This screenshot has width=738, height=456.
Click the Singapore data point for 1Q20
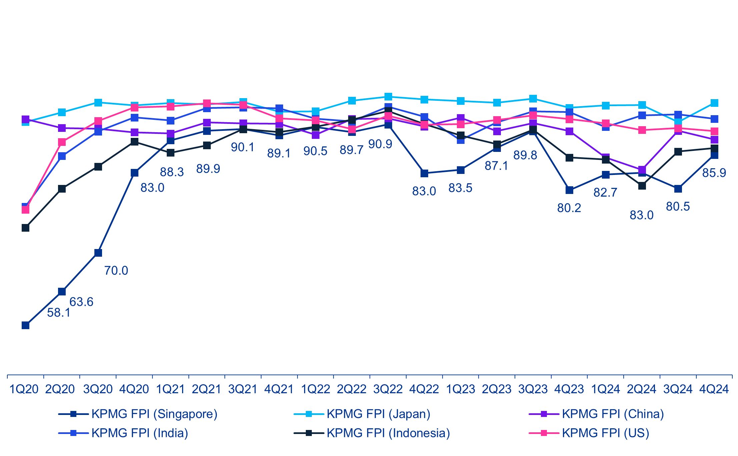point(25,325)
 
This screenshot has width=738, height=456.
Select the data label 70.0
point(116,270)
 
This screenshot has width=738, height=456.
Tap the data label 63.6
point(81,302)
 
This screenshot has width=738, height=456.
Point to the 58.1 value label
point(59,313)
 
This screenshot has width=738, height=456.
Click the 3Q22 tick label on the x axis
point(388,389)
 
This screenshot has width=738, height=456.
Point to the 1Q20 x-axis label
point(24,389)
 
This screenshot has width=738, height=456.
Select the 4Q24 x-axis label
point(714,389)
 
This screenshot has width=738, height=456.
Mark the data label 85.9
point(714,173)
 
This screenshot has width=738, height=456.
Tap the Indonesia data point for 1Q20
point(25,228)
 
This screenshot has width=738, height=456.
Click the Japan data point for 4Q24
point(714,103)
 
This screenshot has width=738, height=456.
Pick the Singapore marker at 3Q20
point(98,253)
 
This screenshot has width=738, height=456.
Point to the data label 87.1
point(496,166)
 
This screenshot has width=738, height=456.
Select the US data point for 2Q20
point(62,142)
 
